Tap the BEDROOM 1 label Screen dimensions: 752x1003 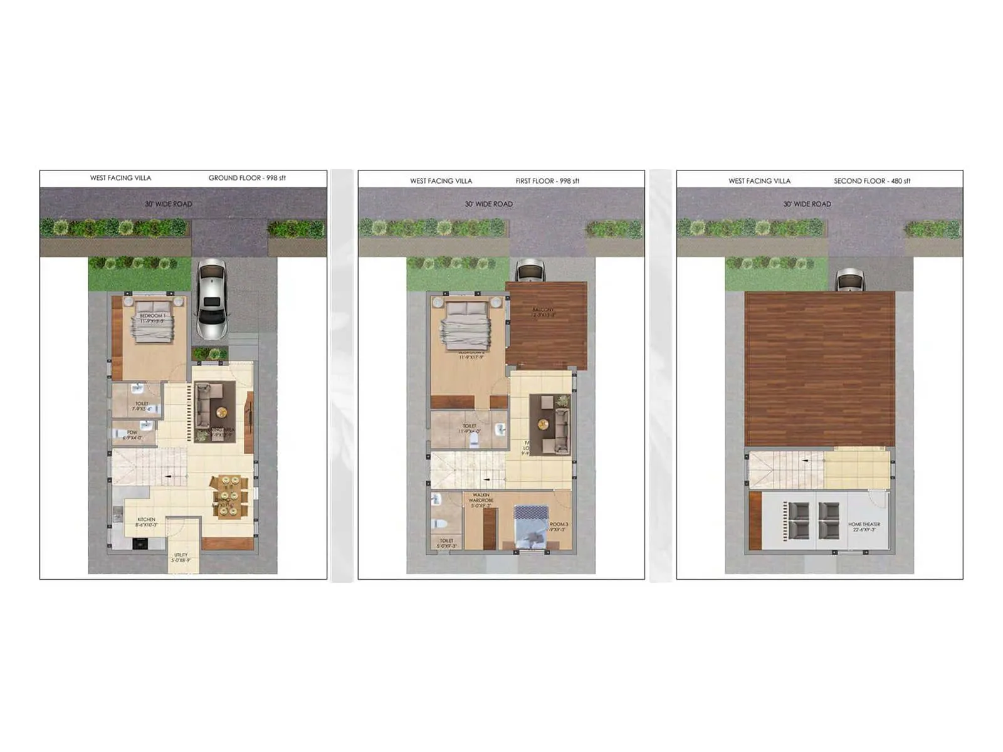pyautogui.click(x=152, y=318)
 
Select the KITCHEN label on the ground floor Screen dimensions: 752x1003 pyautogui.click(x=146, y=522)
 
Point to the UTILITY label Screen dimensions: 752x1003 pyautogui.click(x=181, y=557)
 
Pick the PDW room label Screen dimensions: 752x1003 pyautogui.click(x=132, y=435)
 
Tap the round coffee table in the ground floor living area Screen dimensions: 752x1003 pyautogui.click(x=221, y=412)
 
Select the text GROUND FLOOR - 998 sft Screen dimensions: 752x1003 pyautogui.click(x=247, y=178)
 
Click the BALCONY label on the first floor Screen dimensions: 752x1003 pyautogui.click(x=544, y=312)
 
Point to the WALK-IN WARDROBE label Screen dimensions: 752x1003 pyautogui.click(x=481, y=500)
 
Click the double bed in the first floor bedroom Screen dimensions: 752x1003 pyautogui.click(x=466, y=325)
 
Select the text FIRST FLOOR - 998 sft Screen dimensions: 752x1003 pyautogui.click(x=547, y=181)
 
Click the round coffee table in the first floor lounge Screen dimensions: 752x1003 pyautogui.click(x=543, y=425)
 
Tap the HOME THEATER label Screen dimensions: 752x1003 pyautogui.click(x=864, y=526)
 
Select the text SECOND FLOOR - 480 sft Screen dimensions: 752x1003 pyautogui.click(x=872, y=181)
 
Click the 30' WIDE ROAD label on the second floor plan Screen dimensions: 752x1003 pyautogui.click(x=807, y=204)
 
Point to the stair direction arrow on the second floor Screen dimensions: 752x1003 pyautogui.click(x=807, y=461)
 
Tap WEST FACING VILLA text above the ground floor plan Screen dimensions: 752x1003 pyautogui.click(x=120, y=178)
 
